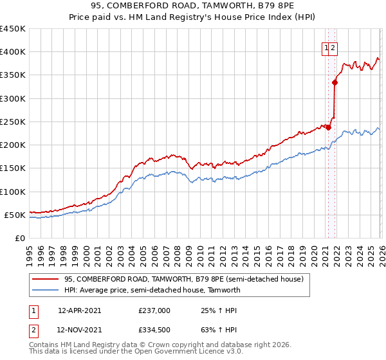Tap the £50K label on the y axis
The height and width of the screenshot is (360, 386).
15,215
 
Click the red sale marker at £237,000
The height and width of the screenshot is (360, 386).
328,127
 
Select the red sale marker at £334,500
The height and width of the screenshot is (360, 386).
335,82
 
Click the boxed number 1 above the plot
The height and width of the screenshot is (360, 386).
327,48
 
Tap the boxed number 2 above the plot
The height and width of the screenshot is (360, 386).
335,48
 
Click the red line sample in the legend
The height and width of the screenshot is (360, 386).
45,280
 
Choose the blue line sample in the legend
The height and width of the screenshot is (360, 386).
45,291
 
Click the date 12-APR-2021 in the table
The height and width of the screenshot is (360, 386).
79,310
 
